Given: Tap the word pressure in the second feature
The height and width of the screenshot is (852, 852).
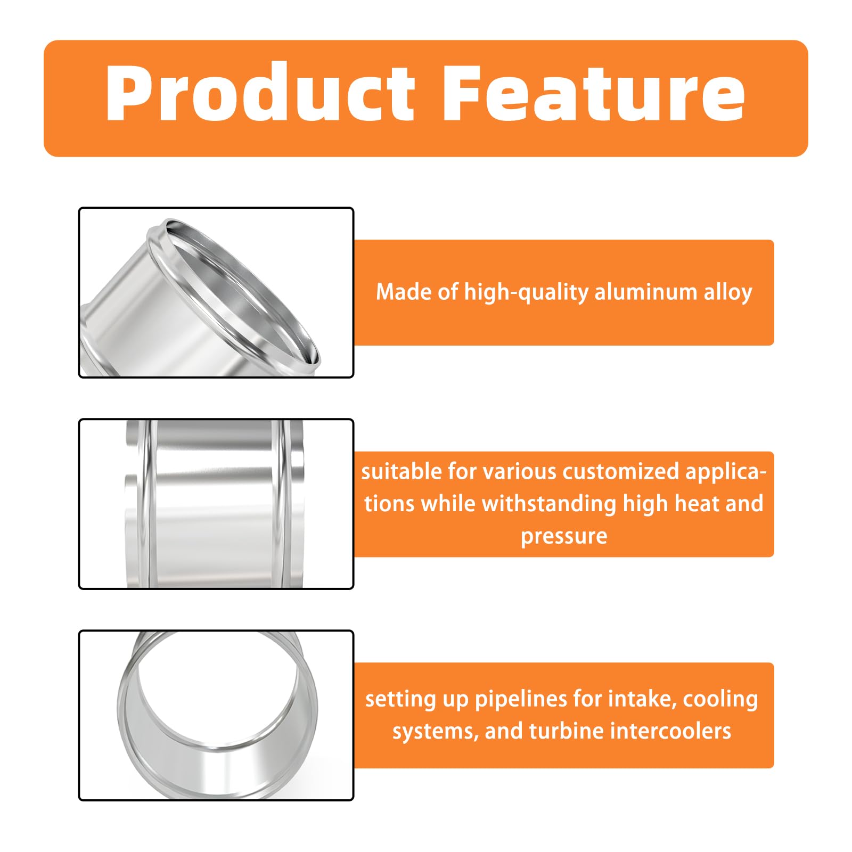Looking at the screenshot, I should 564,536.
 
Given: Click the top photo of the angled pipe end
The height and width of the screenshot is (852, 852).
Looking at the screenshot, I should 216,292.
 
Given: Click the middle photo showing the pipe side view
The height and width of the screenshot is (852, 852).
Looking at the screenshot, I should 216,504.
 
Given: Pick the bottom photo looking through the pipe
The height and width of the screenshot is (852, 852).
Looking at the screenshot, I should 216,715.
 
